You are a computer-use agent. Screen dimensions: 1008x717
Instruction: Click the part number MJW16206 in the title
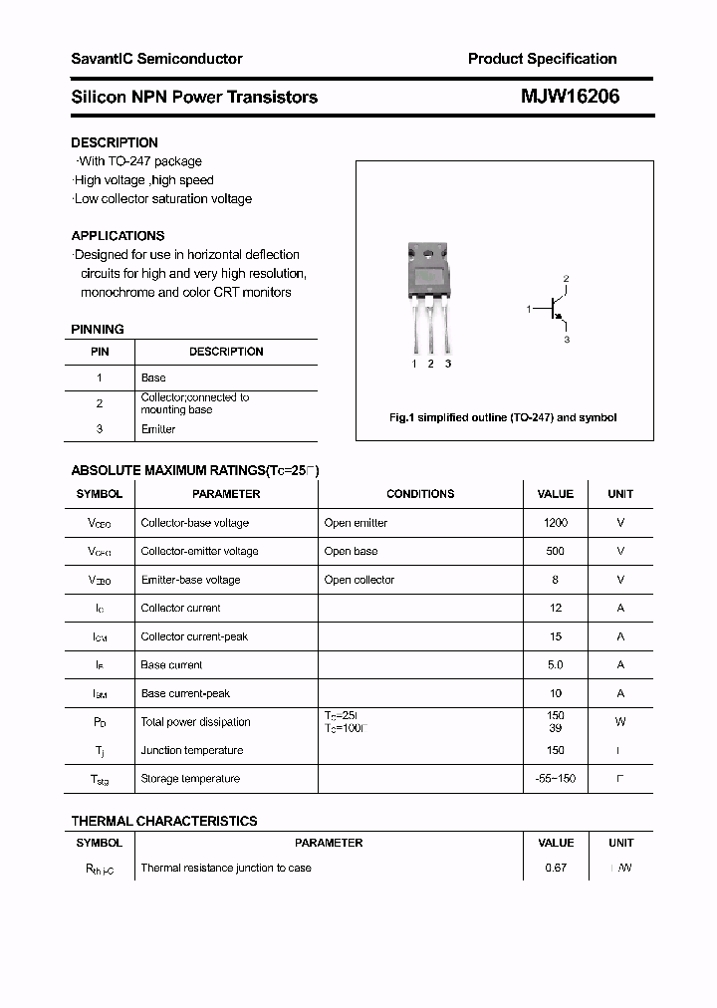pyautogui.click(x=570, y=97)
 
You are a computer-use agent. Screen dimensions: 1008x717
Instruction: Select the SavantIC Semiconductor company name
pyautogui.click(x=156, y=59)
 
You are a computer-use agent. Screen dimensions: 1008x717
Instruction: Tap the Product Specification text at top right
pyautogui.click(x=542, y=59)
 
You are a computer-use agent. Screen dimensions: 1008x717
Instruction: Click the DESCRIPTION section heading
pyautogui.click(x=115, y=142)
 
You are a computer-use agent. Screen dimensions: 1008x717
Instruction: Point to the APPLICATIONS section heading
pyautogui.click(x=118, y=236)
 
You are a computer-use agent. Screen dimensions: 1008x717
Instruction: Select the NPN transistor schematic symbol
pyautogui.click(x=554, y=310)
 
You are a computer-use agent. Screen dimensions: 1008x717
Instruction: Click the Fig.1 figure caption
pyautogui.click(x=503, y=418)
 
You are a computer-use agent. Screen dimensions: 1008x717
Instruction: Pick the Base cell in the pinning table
pyautogui.click(x=153, y=378)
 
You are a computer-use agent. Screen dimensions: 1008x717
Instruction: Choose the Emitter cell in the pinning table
pyautogui.click(x=158, y=429)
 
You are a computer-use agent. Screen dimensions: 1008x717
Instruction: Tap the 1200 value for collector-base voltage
pyautogui.click(x=556, y=523)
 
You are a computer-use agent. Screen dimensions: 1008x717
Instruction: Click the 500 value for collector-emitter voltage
pyautogui.click(x=556, y=551)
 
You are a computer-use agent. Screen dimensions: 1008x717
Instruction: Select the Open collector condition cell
pyautogui.click(x=359, y=580)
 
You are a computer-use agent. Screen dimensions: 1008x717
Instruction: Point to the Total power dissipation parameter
pyautogui.click(x=195, y=722)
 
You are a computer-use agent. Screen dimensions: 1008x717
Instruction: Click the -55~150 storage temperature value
pyautogui.click(x=556, y=779)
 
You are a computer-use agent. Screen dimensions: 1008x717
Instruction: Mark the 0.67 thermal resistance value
pyautogui.click(x=556, y=868)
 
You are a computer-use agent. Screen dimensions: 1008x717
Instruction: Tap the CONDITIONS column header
pyautogui.click(x=420, y=494)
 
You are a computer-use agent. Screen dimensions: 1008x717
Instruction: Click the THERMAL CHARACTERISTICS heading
pyautogui.click(x=164, y=821)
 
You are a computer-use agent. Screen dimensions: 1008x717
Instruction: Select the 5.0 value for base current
pyautogui.click(x=556, y=664)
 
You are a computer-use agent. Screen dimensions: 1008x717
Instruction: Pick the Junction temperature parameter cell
pyautogui.click(x=192, y=750)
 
